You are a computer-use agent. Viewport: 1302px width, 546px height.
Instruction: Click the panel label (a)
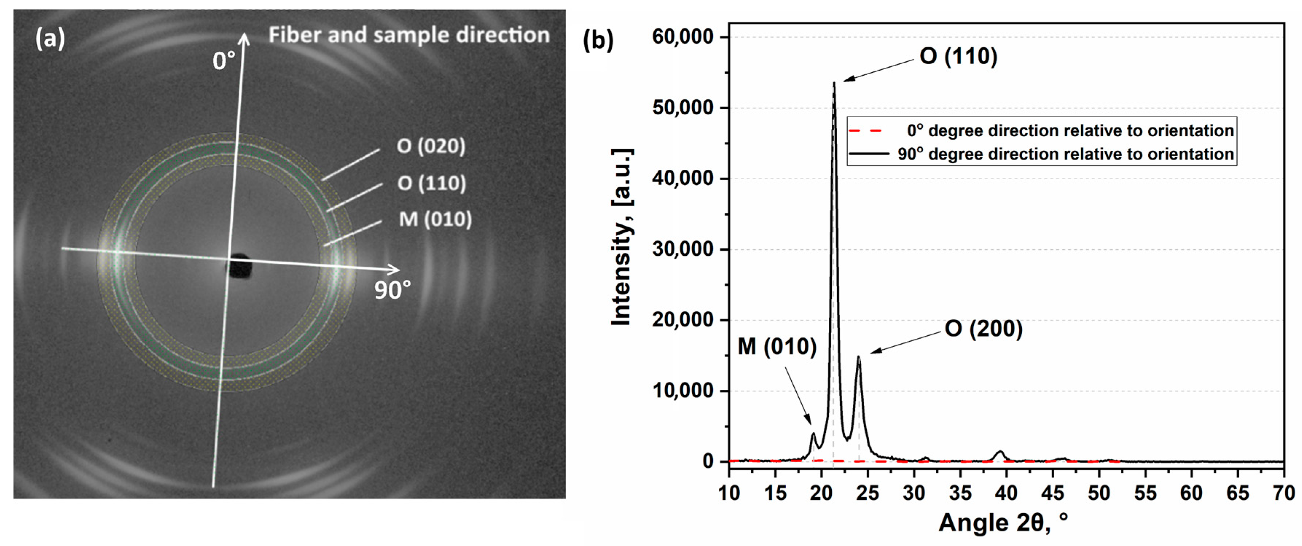pyautogui.click(x=50, y=38)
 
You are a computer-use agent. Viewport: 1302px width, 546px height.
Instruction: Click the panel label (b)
pyautogui.click(x=598, y=40)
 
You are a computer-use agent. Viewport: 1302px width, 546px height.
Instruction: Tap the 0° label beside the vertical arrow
pyautogui.click(x=223, y=62)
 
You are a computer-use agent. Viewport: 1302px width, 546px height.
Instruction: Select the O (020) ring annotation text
pyautogui.click(x=431, y=146)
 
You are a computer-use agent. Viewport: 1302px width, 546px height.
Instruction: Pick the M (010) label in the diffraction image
pyautogui.click(x=435, y=219)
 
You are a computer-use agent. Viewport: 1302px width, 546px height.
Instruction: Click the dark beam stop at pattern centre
pyautogui.click(x=240, y=266)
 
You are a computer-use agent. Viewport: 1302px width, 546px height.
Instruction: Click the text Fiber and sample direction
pyautogui.click(x=408, y=35)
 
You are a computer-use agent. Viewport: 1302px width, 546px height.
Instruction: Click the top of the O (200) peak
pyautogui.click(x=858, y=357)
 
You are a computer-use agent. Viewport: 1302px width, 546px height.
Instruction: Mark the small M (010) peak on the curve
pyautogui.click(x=813, y=434)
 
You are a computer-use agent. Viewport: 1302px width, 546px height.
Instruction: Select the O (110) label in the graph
pyautogui.click(x=958, y=56)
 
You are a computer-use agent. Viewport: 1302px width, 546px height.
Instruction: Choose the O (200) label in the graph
pyautogui.click(x=983, y=329)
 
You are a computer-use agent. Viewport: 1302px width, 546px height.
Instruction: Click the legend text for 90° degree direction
pyautogui.click(x=1066, y=154)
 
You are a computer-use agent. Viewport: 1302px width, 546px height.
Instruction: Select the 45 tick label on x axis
pyautogui.click(x=1053, y=493)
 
